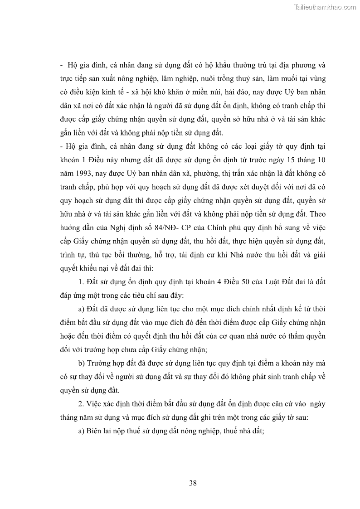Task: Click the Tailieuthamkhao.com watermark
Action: click(325, 7)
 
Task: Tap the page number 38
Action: click(193, 483)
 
